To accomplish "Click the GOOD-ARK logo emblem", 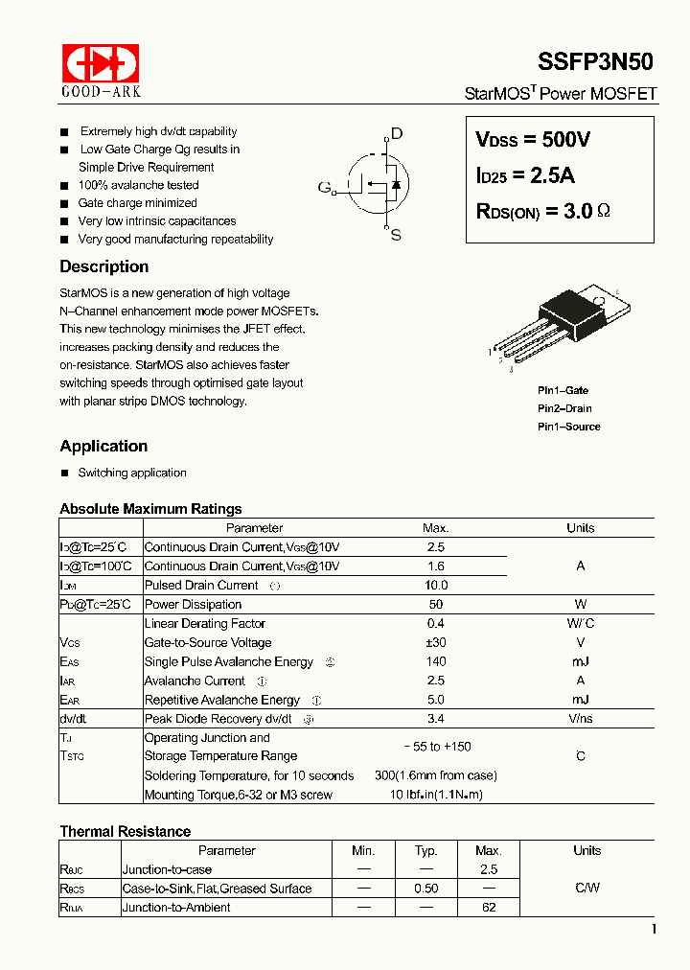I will point(101,63).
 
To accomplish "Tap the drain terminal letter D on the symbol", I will point(397,134).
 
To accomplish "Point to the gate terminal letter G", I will point(324,186).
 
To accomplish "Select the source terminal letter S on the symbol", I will point(396,234).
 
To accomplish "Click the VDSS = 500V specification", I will point(533,140).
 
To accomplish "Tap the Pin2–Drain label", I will point(564,408).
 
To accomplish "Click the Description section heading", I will point(103,266).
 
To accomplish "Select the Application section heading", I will point(103,446).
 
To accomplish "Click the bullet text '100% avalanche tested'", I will point(138,185).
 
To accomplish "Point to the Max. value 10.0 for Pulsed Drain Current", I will point(435,585).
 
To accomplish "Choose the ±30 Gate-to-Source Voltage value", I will point(435,642).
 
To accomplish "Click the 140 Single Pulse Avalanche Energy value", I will point(435,661).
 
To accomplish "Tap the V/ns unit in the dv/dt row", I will point(580,719).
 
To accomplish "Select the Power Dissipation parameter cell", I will point(193,604).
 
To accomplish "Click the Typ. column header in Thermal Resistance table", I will point(426,850).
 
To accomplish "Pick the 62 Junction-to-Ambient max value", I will point(489,907).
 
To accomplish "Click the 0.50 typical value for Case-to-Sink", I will point(426,889).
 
